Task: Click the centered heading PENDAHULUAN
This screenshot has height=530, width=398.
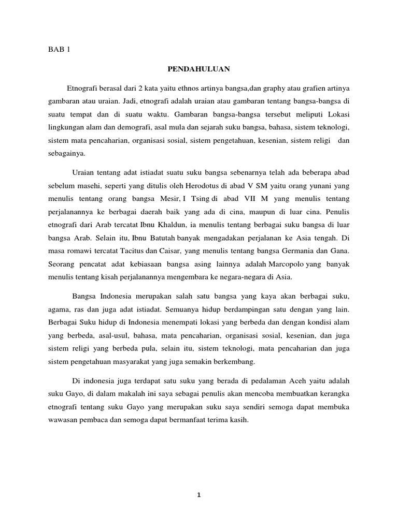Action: click(199, 68)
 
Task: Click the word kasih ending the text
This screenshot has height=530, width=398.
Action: click(239, 420)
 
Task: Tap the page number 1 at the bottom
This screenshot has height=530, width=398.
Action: click(199, 495)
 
